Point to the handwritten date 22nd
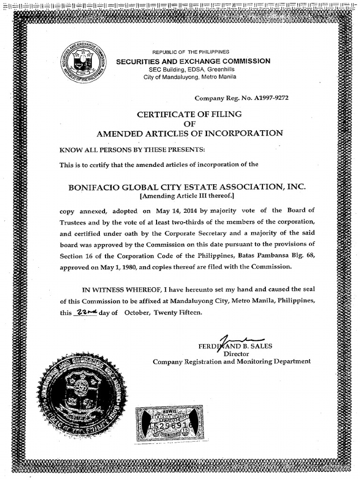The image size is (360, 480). click(x=85, y=313)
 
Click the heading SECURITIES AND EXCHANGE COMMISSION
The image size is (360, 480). click(x=193, y=61)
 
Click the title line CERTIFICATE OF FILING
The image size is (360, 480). click(x=189, y=114)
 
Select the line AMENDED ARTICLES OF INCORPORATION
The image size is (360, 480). click(x=189, y=133)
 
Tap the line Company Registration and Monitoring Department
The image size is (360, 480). click(x=232, y=361)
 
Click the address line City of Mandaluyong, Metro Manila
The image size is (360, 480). click(x=190, y=76)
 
